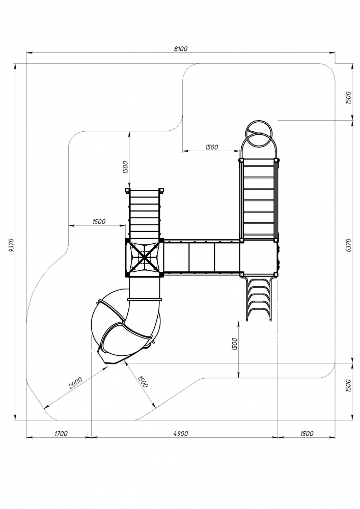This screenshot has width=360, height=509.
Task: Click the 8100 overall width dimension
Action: tap(181, 49)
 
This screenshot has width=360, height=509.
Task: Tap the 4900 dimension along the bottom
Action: tap(181, 434)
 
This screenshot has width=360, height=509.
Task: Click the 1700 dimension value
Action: tap(60, 434)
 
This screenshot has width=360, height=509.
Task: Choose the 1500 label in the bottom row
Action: tap(307, 434)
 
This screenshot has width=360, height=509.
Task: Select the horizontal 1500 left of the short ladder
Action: tap(99, 221)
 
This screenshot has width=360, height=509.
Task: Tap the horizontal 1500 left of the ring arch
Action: tap(211, 147)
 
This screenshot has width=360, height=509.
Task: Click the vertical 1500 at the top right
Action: tap(348, 98)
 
